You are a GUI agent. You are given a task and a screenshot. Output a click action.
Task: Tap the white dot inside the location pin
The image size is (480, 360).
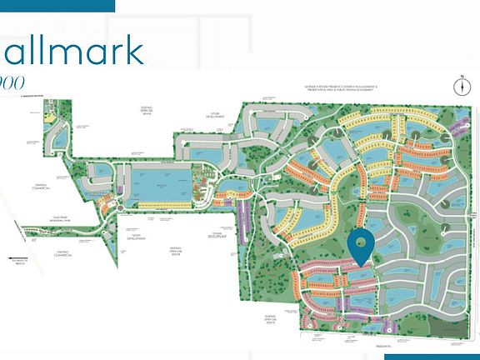[x=361, y=242]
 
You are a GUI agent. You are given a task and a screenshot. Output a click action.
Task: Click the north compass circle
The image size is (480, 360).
[x=459, y=87]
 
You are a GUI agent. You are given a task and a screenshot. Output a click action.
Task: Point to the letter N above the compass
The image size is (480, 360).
[x=459, y=76]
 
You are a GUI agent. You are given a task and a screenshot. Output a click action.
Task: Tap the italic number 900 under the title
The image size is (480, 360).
[x=17, y=82]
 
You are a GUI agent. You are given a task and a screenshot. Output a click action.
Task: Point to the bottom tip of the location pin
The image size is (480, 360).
[x=361, y=266]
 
